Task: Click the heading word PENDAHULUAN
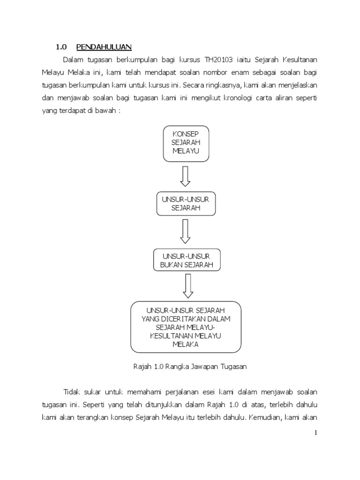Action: (x=104, y=46)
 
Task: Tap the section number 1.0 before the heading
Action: (x=61, y=46)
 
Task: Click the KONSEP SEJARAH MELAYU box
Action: (x=186, y=143)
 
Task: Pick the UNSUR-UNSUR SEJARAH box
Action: (x=186, y=204)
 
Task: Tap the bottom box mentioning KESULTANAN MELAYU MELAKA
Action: (x=186, y=327)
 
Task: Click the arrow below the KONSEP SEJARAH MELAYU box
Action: (x=186, y=176)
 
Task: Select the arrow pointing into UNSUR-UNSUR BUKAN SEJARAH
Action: (x=186, y=231)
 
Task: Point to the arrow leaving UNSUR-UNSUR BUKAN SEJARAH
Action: (x=188, y=286)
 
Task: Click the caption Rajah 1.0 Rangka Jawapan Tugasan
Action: (x=187, y=367)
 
